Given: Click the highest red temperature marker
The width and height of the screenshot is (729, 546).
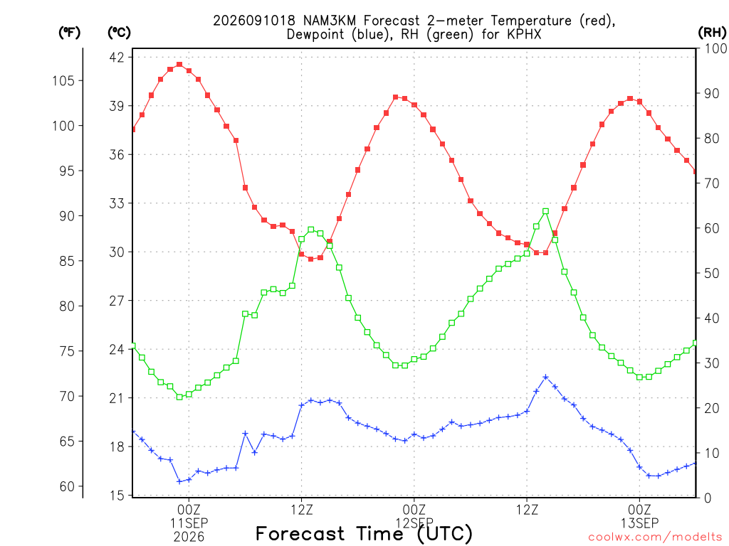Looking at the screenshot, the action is (x=179, y=65).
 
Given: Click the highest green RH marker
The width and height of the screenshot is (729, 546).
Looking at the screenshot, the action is (x=546, y=211).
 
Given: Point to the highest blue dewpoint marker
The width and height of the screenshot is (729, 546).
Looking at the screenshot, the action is (x=546, y=378).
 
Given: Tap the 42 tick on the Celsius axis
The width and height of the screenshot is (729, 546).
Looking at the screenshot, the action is (x=117, y=58).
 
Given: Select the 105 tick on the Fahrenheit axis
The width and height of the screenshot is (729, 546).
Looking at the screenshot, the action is (x=63, y=81).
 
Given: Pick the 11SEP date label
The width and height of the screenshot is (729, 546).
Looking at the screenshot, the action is (x=189, y=523).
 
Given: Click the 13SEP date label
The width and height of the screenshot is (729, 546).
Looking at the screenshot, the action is (x=640, y=523).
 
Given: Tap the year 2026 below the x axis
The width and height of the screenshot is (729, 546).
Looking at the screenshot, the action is (x=189, y=537).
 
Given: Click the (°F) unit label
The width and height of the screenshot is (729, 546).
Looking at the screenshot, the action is (x=69, y=33).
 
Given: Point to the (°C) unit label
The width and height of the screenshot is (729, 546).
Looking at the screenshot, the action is (x=119, y=33).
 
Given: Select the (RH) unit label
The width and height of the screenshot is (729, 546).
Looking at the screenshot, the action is (x=712, y=33).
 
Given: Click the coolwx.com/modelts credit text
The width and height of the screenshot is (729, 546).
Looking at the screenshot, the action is (x=655, y=537).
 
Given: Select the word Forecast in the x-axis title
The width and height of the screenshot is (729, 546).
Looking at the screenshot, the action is (x=300, y=533).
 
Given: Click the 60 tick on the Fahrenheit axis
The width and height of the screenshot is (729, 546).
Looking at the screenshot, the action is (x=67, y=486).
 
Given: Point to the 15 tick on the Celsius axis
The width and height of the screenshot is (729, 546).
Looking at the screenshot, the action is (x=117, y=496).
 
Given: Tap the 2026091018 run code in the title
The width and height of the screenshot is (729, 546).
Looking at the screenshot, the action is (x=254, y=21).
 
